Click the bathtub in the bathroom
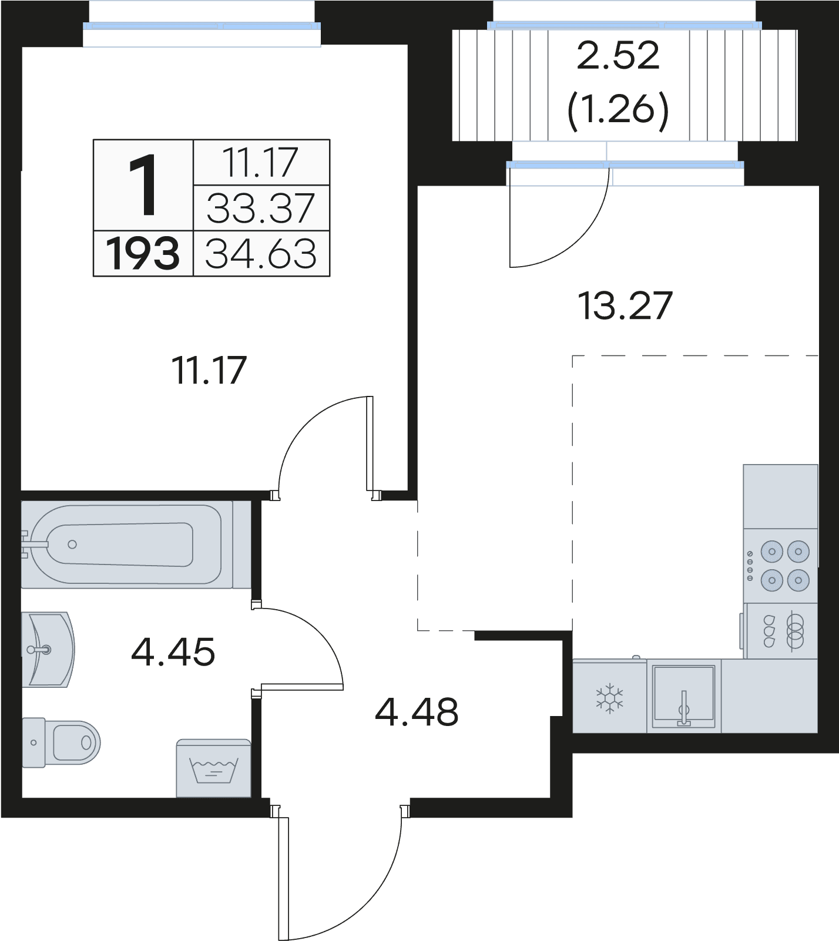pyautogui.click(x=127, y=544)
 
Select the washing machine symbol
pyautogui.click(x=214, y=768)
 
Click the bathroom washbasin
pyautogui.click(x=48, y=650)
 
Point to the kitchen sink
pyautogui.click(x=684, y=697)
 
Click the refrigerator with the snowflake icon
pyautogui.click(x=610, y=697)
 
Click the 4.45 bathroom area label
pyautogui.click(x=173, y=652)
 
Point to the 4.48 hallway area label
pyautogui.click(x=417, y=712)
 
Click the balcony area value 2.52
pyautogui.click(x=619, y=57)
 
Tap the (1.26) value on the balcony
pyautogui.click(x=619, y=109)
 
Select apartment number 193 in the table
pyautogui.click(x=143, y=254)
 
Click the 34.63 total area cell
pyautogui.click(x=261, y=254)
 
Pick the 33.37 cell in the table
pyautogui.click(x=261, y=208)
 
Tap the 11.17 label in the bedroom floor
pyautogui.click(x=209, y=371)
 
